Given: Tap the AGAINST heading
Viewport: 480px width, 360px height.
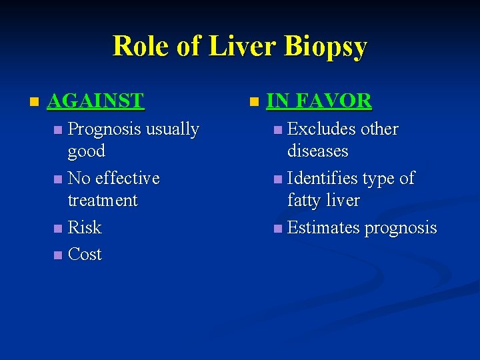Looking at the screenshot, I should (96, 101).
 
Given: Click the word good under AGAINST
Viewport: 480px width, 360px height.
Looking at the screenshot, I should (86, 151).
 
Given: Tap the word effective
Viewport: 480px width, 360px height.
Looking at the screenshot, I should (127, 178).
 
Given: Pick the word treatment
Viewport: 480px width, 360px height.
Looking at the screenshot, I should (103, 200).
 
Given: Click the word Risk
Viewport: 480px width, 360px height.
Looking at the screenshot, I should (85, 227).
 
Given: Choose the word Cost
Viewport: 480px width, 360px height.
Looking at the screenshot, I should (85, 254).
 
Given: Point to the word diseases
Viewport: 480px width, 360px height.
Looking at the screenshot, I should (317, 151).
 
